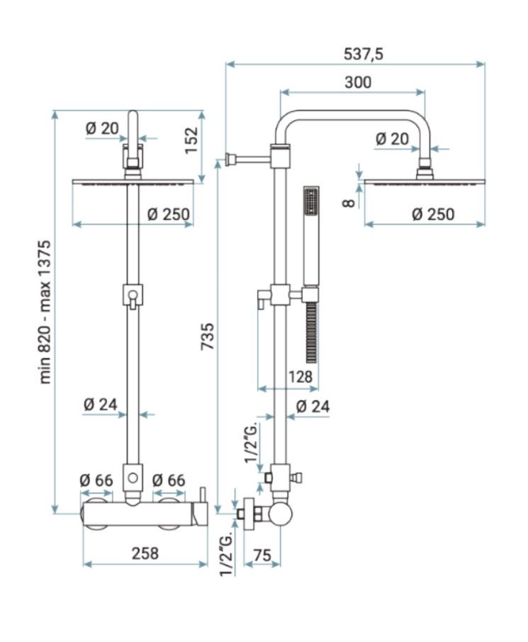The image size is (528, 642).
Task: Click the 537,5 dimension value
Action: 363,54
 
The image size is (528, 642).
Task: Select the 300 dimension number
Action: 358,82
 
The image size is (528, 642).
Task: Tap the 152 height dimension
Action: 191,140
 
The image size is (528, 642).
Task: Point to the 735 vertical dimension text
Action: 207,336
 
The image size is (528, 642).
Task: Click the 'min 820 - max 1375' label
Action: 45,312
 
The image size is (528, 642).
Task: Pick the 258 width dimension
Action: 145,553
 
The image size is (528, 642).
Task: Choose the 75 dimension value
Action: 262,556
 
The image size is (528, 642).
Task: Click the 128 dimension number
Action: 300,376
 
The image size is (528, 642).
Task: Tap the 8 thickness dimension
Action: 349,203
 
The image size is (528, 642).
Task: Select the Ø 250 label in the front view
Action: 169,214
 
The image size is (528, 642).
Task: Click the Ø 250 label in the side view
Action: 433,214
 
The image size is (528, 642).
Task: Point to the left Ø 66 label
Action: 96,480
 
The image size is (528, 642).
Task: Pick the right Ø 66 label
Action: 169,480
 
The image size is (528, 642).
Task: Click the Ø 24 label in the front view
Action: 101,405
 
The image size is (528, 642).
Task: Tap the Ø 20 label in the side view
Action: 392,139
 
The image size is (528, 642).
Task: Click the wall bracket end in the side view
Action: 230,159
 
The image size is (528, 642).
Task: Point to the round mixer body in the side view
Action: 281,514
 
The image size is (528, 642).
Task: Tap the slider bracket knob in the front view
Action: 133,295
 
